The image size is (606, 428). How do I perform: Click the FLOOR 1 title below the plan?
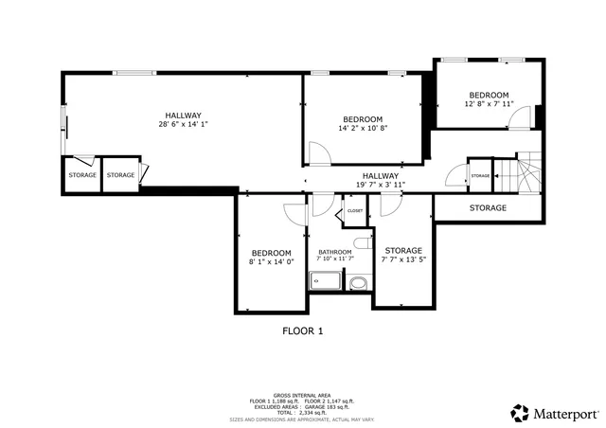303,331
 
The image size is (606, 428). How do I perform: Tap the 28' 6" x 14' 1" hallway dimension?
183,124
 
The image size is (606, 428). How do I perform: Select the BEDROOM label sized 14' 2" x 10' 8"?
363,119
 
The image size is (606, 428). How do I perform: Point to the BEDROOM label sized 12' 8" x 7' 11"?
490,95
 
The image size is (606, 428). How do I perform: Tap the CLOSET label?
355,211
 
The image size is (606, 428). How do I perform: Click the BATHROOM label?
334,252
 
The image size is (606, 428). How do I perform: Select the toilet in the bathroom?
357,241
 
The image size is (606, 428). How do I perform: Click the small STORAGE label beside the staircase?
481,176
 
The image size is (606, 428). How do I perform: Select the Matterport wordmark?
568,413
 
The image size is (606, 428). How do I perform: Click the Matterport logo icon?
520,413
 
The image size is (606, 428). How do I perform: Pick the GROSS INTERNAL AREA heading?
302,394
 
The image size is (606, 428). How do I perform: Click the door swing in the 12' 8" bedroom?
519,117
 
